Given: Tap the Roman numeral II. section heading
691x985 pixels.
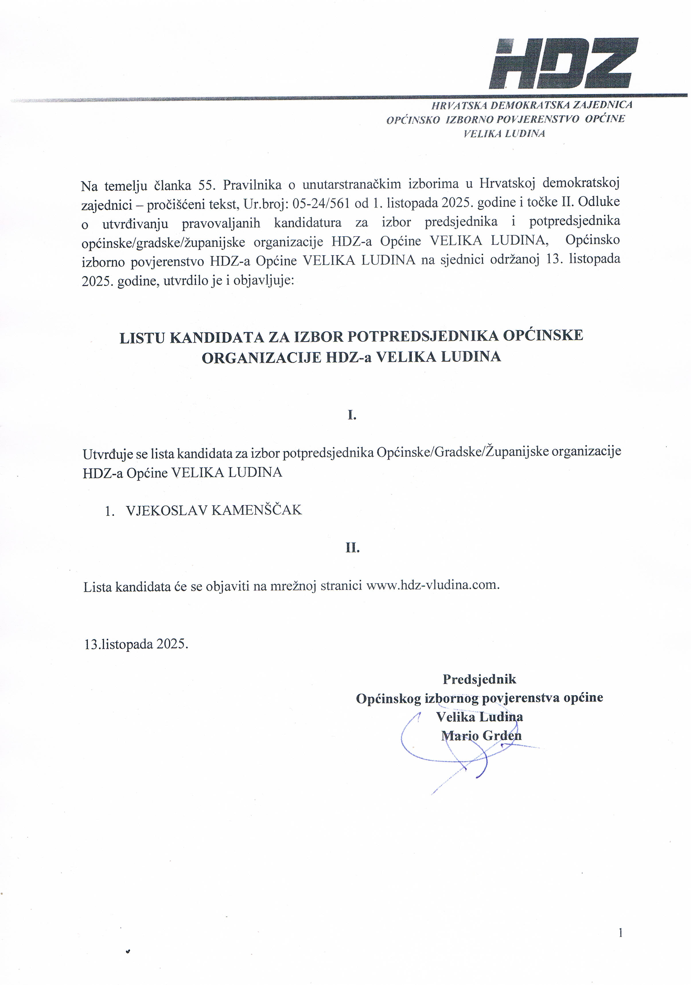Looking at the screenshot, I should click(x=352, y=548).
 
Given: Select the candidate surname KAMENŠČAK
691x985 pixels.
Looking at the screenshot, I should click(x=257, y=510).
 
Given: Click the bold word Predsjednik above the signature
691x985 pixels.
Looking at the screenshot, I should click(x=479, y=679).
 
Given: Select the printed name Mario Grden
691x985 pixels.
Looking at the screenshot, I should click(x=481, y=736).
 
